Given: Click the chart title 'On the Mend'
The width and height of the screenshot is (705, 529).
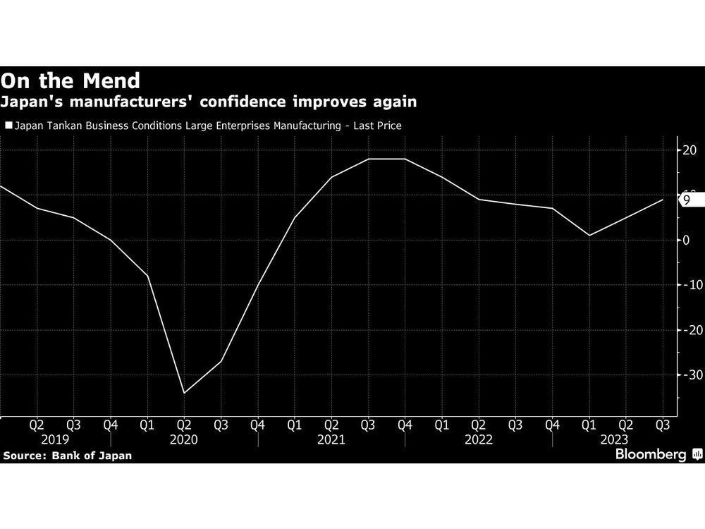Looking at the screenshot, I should point(70,80).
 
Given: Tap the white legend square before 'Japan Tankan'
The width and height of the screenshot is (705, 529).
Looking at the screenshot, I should point(8,126).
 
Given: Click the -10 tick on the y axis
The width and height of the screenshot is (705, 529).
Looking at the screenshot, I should point(688,285).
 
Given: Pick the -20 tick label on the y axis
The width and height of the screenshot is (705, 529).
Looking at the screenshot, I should point(688,330).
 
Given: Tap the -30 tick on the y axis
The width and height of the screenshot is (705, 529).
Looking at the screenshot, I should point(688,375).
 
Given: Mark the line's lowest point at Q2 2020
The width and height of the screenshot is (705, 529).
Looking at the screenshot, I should point(184,393).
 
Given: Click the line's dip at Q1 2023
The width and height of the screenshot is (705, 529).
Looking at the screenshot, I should point(589,236).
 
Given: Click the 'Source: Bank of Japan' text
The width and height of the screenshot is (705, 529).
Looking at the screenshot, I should point(67,456).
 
